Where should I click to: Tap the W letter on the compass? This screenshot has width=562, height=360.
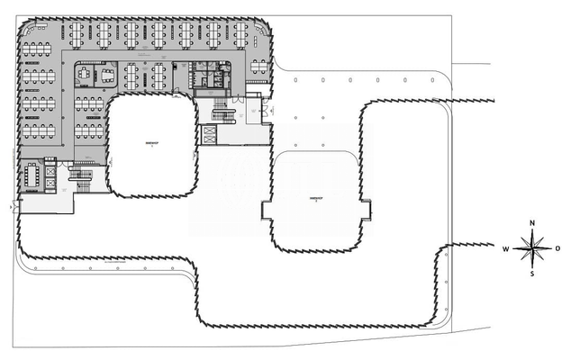coord(507,247)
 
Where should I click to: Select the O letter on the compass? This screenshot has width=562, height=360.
coord(557,247)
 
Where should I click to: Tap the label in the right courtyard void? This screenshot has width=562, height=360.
coord(315,200)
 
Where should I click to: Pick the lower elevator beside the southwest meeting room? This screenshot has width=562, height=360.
coord(50,183)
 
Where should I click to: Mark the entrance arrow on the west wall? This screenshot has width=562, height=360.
coord(11,206)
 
